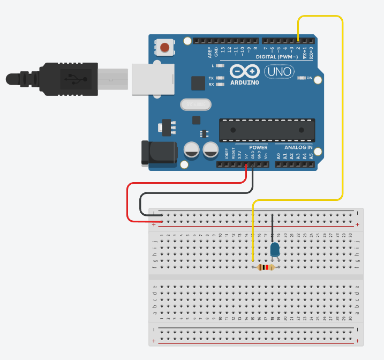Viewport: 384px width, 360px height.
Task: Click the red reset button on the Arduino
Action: [x=165, y=48]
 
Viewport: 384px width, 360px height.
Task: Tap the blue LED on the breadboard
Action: [x=275, y=249]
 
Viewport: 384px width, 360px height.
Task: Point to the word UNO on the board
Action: [x=277, y=72]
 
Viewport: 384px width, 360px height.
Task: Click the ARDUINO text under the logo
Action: [x=244, y=83]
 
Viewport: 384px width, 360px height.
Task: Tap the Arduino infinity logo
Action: [x=244, y=71]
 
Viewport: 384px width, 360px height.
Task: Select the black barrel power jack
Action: [x=159, y=153]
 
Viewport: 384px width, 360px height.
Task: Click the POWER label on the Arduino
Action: [x=258, y=147]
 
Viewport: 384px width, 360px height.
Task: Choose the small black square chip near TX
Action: [x=198, y=83]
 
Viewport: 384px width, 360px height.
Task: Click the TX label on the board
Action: [x=211, y=78]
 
